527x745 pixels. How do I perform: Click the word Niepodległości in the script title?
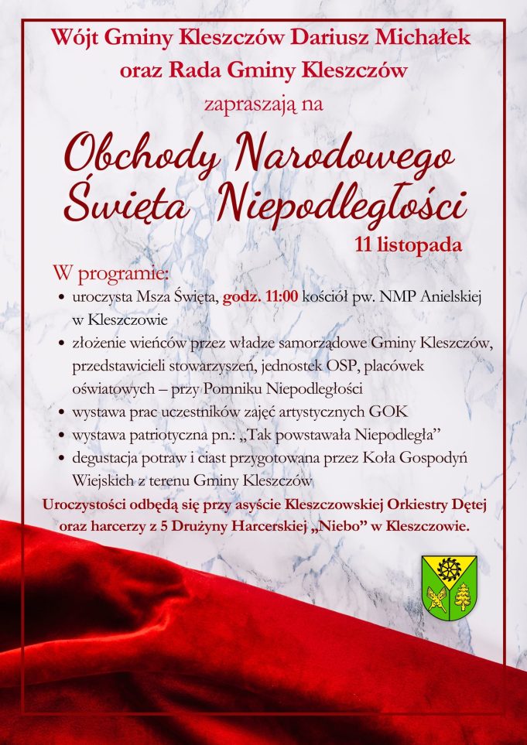340,205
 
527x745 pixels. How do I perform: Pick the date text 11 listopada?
407,245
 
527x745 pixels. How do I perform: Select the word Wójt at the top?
77,36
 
